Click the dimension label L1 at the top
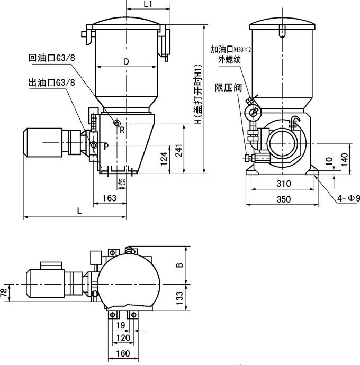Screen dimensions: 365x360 pos(148,4)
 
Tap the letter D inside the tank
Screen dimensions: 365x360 pos(126,61)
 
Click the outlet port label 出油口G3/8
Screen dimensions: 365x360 pos(51,83)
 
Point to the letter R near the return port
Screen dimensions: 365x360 pos(122,130)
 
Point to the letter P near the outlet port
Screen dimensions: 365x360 pos(106,147)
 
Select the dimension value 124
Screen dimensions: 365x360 pos(164,157)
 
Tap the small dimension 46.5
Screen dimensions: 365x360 pos(122,182)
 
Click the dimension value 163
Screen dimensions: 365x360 pos(109,198)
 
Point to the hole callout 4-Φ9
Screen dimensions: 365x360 pos(349,198)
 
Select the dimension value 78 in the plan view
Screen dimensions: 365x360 pos(5,292)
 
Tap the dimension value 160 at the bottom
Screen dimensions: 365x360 pos(122,353)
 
